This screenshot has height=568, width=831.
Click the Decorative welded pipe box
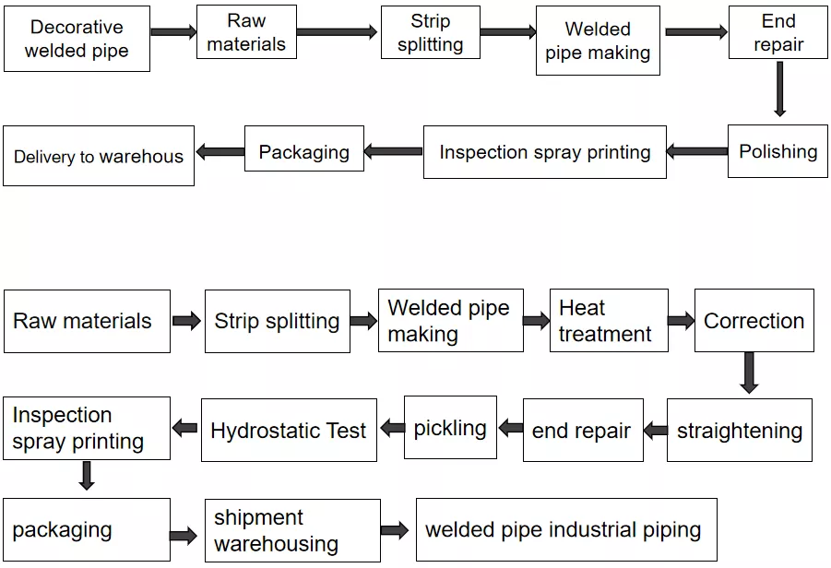point(77,39)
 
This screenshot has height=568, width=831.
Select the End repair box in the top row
point(778,31)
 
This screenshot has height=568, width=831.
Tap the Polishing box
point(778,151)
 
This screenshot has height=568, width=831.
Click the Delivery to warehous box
point(99,156)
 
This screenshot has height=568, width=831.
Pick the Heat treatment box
point(609,321)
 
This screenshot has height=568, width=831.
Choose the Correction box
point(754,321)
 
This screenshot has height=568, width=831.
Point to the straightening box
point(740,431)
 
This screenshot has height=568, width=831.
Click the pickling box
point(450,427)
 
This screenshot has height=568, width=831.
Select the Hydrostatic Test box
point(289,431)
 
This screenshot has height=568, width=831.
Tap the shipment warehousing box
point(292,530)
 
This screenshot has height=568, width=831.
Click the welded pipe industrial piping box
point(566,529)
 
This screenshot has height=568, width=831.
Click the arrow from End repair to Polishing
point(779,89)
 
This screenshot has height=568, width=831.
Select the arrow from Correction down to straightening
point(749,373)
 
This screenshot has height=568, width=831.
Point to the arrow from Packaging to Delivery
point(220,152)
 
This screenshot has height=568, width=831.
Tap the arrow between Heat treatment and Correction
point(681,321)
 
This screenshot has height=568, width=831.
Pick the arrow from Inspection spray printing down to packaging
point(87,475)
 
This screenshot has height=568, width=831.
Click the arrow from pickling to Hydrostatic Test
point(392,428)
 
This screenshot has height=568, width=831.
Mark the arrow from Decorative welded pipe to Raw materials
point(173,31)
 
